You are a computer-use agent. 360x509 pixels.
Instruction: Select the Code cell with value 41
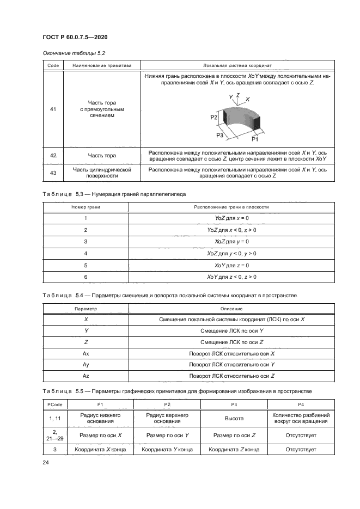pyautogui.click(x=53, y=109)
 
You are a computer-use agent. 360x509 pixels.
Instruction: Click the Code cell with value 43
pyautogui.click(x=53, y=173)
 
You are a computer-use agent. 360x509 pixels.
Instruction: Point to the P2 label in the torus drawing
pyautogui.click(x=214, y=117)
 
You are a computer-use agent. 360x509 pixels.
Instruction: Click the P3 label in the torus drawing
pyautogui.click(x=219, y=134)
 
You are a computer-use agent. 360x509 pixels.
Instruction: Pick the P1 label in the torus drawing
pyautogui.click(x=254, y=139)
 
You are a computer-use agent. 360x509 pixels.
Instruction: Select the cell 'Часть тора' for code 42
pyautogui.click(x=102, y=156)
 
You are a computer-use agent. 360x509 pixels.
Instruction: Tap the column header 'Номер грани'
pyautogui.click(x=86, y=207)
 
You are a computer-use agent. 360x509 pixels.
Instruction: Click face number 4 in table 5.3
pyautogui.click(x=86, y=253)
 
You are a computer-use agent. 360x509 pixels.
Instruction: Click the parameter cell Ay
pyautogui.click(x=86, y=364)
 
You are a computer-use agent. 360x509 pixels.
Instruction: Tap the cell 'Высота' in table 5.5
pyautogui.click(x=234, y=419)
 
